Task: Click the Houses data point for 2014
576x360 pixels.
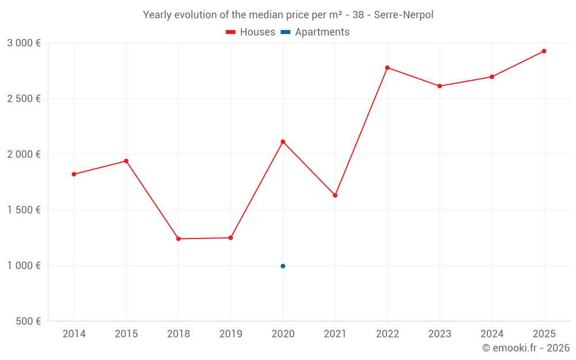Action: (74, 174)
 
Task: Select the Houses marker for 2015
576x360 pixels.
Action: (126, 161)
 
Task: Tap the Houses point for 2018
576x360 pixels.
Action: (179, 238)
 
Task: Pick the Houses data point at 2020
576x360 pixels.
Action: (283, 142)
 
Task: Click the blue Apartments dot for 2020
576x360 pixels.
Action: (283, 266)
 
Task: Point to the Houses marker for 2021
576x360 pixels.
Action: (335, 195)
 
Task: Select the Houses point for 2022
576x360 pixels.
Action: (387, 67)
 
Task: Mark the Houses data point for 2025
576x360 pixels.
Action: (544, 51)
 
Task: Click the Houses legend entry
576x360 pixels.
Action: (251, 32)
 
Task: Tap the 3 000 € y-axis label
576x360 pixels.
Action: (24, 43)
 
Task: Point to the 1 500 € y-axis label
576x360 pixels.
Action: (24, 210)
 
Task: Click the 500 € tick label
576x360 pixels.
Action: (29, 321)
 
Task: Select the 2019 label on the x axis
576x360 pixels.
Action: (230, 334)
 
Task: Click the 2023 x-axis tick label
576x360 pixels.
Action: (439, 334)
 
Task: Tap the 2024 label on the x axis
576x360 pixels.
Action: (492, 334)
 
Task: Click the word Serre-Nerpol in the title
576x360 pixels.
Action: (403, 15)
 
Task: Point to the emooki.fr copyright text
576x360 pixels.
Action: (526, 348)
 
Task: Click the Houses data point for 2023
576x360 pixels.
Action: (439, 86)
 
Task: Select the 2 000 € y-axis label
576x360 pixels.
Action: (24, 154)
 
